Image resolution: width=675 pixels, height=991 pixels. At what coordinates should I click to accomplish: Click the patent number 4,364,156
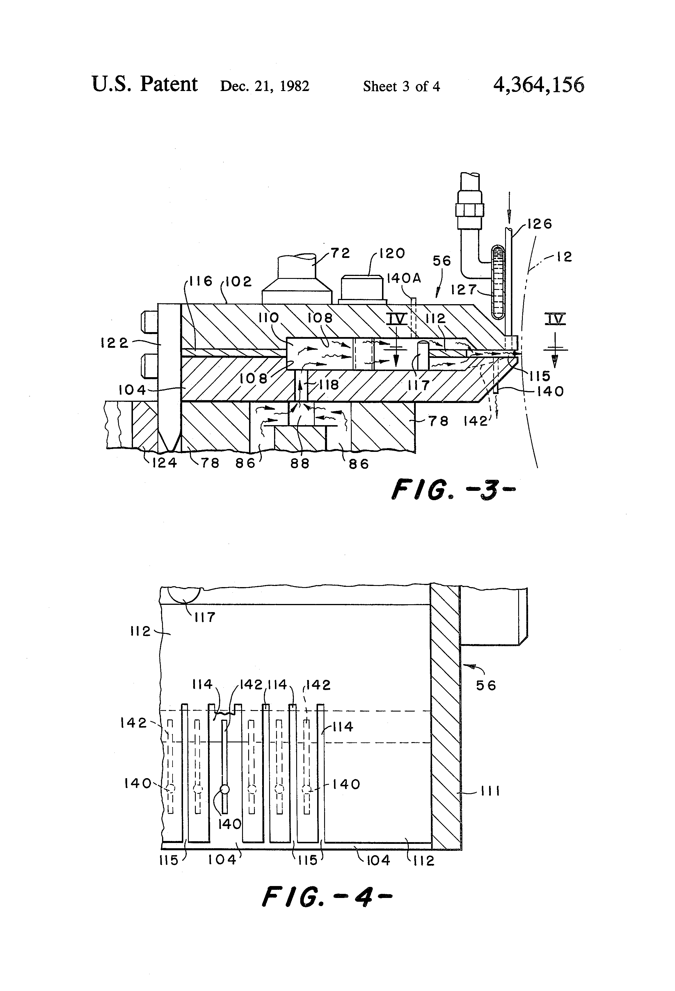539,85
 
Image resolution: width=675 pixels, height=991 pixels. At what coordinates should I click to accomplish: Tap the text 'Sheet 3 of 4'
401,87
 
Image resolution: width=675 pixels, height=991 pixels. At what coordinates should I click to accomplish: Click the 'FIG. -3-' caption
453,489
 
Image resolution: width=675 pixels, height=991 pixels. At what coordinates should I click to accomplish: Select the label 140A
404,279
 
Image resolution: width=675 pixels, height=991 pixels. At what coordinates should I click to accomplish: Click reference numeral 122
114,343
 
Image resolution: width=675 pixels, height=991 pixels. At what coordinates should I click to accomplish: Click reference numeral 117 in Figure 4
204,616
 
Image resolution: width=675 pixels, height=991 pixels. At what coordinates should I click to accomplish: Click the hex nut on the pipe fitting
470,209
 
